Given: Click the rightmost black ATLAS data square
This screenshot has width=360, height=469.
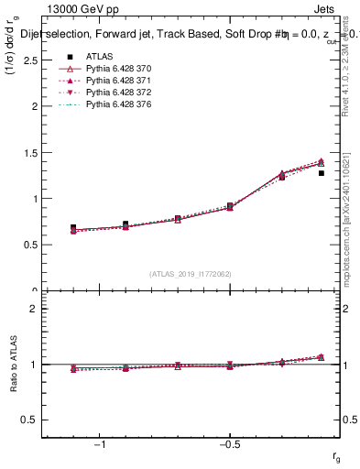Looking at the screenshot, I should point(322,172).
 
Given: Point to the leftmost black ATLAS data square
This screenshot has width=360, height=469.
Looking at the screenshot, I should point(73,227).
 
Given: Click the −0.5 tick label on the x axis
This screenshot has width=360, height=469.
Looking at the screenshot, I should point(229,444).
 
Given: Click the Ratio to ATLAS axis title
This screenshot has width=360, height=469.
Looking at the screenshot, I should point(13,365).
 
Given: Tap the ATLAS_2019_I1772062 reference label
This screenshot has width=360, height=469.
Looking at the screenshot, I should point(191,274).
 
